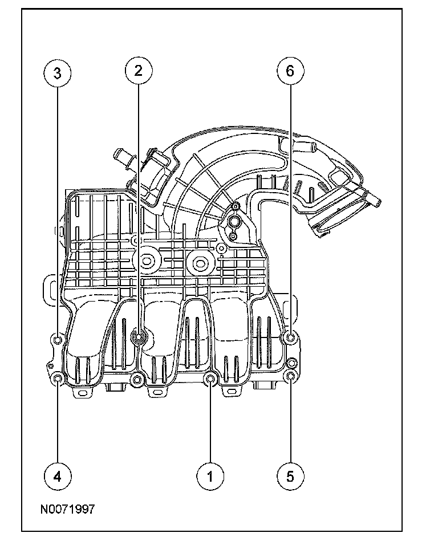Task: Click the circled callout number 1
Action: pyautogui.click(x=210, y=475)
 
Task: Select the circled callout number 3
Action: pyautogui.click(x=58, y=72)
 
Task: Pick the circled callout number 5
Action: pyautogui.click(x=290, y=475)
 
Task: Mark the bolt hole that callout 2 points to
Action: pyautogui.click(x=139, y=337)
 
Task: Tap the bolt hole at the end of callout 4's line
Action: pyautogui.click(x=58, y=379)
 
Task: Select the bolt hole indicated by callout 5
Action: pyautogui.click(x=291, y=376)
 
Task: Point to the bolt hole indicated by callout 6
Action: pyautogui.click(x=290, y=339)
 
